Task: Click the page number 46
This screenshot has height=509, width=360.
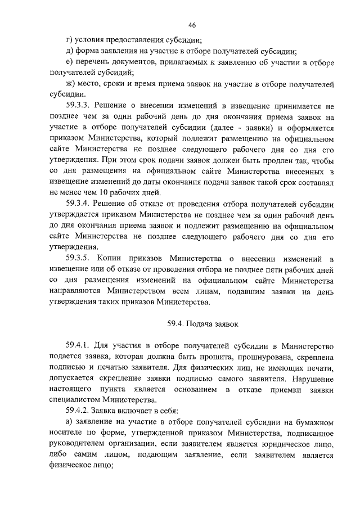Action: (192, 25)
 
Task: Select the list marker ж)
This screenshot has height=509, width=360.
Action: (71, 84)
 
